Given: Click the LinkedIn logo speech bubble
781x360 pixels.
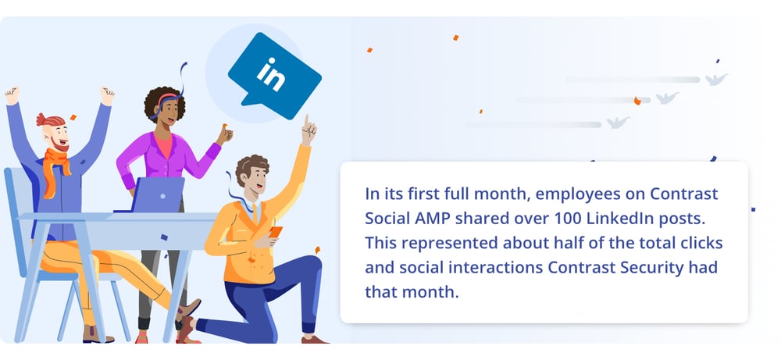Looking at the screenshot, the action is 274,75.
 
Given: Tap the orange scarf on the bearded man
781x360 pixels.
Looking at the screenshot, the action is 55,169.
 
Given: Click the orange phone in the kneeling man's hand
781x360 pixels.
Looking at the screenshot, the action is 276,232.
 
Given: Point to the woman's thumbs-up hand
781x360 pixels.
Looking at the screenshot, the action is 224,134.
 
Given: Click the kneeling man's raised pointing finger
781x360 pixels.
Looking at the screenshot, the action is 308,122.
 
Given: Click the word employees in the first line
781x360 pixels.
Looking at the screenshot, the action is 572,194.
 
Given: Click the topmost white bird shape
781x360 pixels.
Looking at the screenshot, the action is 716,79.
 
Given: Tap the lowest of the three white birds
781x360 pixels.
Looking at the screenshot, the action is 618,123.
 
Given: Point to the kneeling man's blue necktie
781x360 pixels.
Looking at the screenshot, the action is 255,213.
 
